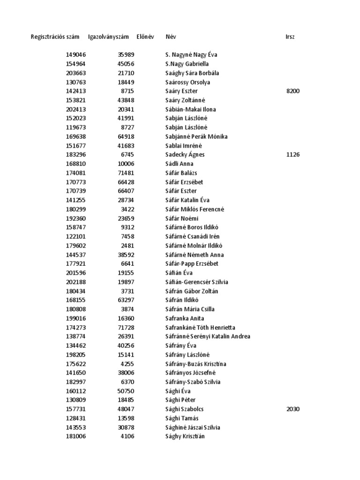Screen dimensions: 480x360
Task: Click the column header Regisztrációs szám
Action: tap(55, 37)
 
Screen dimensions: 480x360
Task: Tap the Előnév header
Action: tap(145, 37)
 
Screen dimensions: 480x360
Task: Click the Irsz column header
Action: tap(290, 37)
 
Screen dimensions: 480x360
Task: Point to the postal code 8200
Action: tap(292, 91)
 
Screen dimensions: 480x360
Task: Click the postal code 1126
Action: tap(292, 155)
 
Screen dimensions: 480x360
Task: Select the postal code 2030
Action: tap(292, 409)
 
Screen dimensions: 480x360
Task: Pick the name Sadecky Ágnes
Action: tap(185, 155)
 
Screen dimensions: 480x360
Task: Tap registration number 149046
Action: tap(76, 55)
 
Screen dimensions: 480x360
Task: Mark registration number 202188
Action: tap(76, 282)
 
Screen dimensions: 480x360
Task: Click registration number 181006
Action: tap(76, 436)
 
